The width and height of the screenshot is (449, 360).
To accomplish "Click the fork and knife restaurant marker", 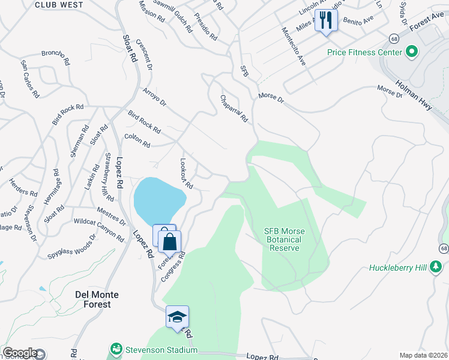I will (x=326, y=21).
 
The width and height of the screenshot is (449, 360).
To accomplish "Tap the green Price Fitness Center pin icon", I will (x=412, y=53).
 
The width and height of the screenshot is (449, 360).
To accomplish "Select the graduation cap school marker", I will (x=177, y=317).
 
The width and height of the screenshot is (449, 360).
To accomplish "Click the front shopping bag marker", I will (x=170, y=242).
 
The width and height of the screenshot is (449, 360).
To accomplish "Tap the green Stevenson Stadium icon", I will (x=115, y=349).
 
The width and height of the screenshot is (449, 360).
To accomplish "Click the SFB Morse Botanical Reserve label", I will (x=291, y=240).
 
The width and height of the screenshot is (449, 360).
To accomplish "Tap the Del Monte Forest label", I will (x=93, y=299).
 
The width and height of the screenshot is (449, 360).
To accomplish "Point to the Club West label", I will (x=58, y=5).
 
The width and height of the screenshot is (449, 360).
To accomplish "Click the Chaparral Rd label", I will (x=234, y=109).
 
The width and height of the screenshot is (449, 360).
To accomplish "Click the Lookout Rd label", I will (x=186, y=174).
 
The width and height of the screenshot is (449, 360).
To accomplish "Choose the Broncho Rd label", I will (x=56, y=53).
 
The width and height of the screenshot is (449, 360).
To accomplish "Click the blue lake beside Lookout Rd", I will (x=157, y=200).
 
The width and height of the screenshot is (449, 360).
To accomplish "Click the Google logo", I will (x=20, y=353).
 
